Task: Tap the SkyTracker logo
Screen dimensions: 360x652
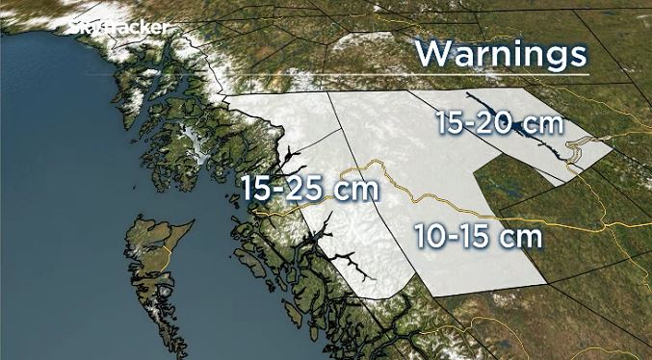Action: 117,28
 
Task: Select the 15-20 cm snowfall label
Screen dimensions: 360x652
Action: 499,123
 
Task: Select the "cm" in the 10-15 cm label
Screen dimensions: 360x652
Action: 521,235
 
